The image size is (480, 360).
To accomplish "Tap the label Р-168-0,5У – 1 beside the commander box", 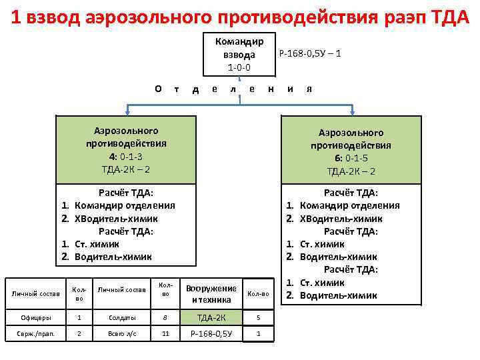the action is tap(309, 53).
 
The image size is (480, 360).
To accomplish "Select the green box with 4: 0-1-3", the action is tap(126, 149).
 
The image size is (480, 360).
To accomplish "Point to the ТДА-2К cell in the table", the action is tap(211, 318).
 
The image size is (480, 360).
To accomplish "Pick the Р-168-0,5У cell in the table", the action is tap(211, 334).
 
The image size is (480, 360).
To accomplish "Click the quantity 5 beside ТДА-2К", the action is tap(258, 318).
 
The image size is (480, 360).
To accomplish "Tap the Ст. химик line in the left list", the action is tap(97, 244).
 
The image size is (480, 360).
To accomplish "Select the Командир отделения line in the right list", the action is tap(349, 205).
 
